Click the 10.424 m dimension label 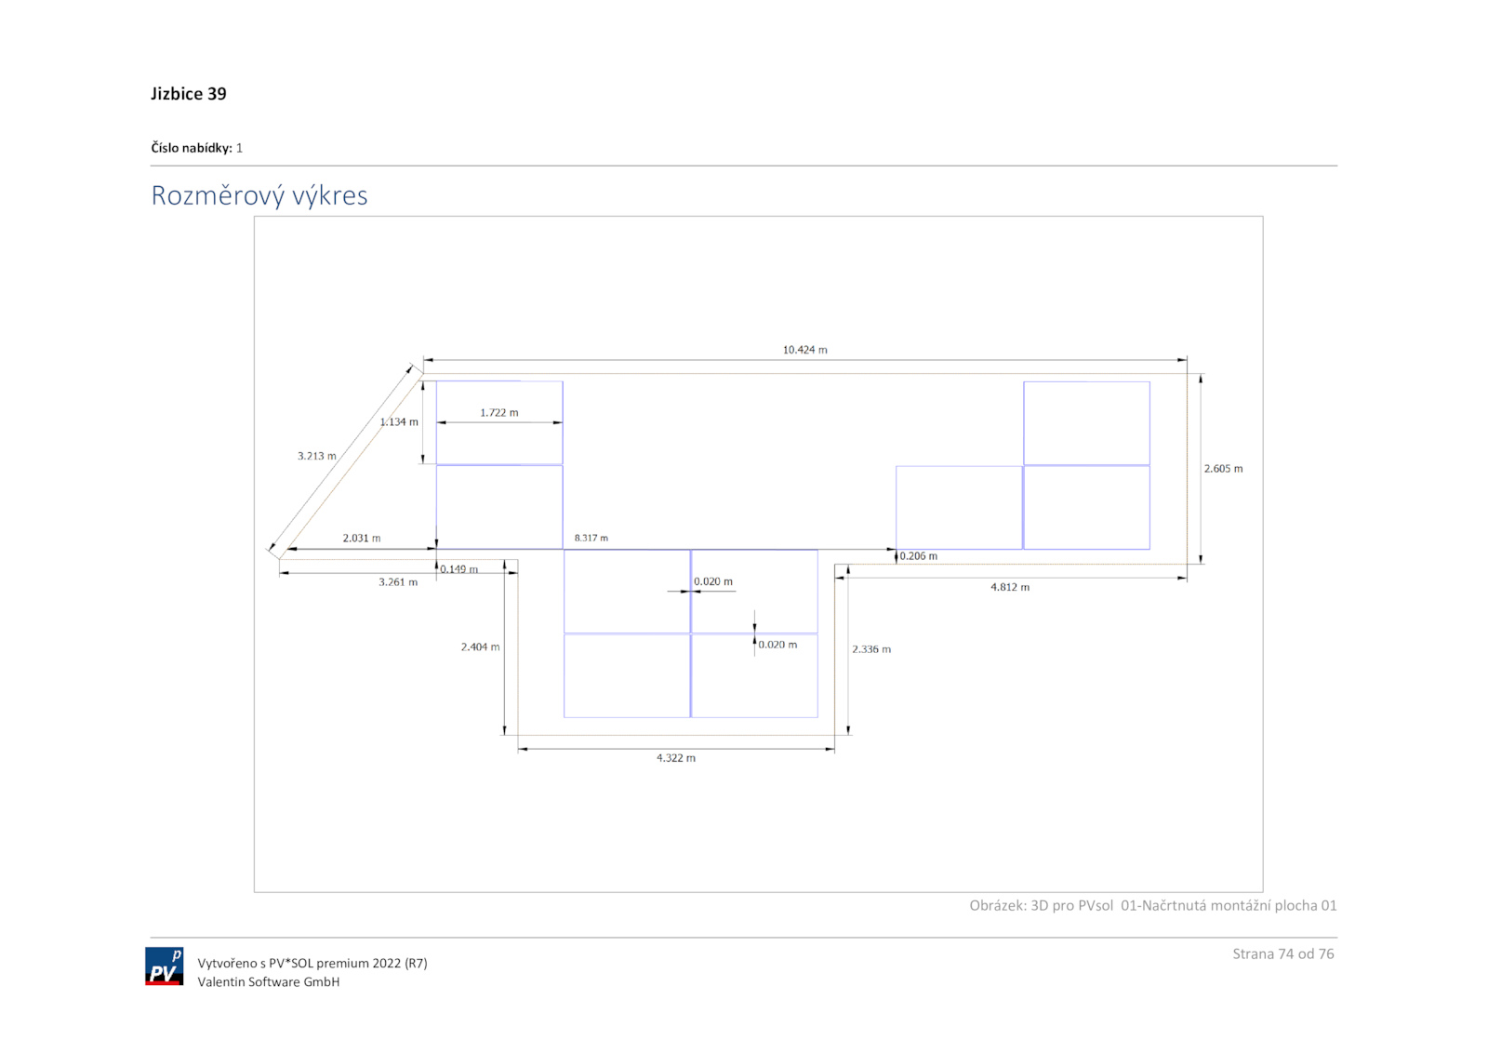[x=804, y=350]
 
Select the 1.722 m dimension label [x=499, y=412]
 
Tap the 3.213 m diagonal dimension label [x=316, y=456]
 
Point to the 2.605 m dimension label [x=1223, y=469]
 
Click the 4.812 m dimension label [x=1009, y=587]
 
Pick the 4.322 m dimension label [x=675, y=758]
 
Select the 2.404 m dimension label [x=480, y=646]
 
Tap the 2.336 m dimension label [x=871, y=649]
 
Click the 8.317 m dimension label [x=591, y=538]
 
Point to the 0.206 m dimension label [x=919, y=556]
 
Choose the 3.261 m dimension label [x=398, y=582]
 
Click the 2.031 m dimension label [x=361, y=538]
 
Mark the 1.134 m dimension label [x=399, y=422]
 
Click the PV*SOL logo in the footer [x=164, y=966]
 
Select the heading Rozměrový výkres [x=259, y=195]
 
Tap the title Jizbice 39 [x=189, y=94]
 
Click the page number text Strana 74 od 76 [x=1282, y=953]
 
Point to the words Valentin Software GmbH [x=268, y=981]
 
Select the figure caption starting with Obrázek [x=1152, y=905]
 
